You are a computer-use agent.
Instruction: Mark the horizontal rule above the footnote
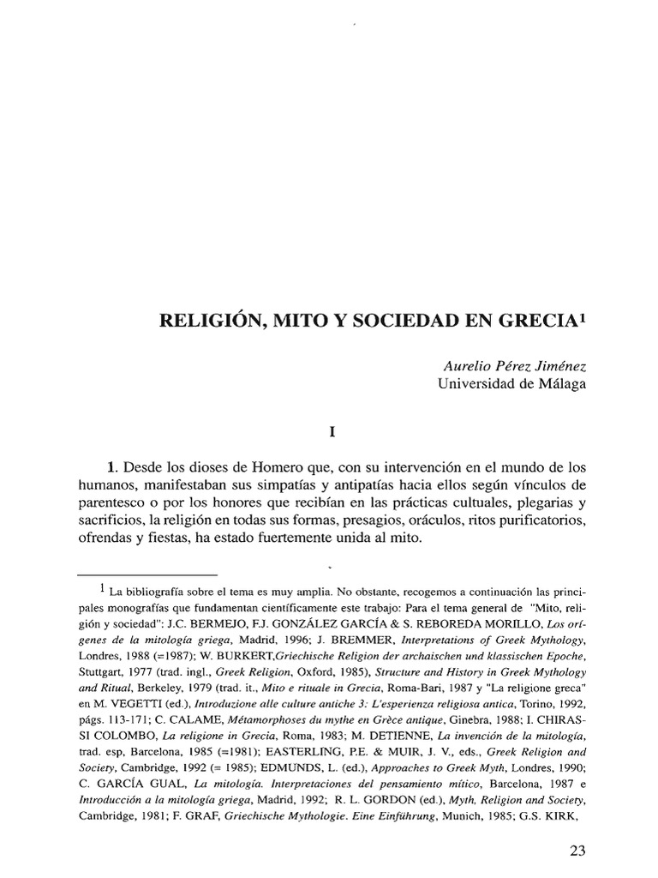(147, 574)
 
